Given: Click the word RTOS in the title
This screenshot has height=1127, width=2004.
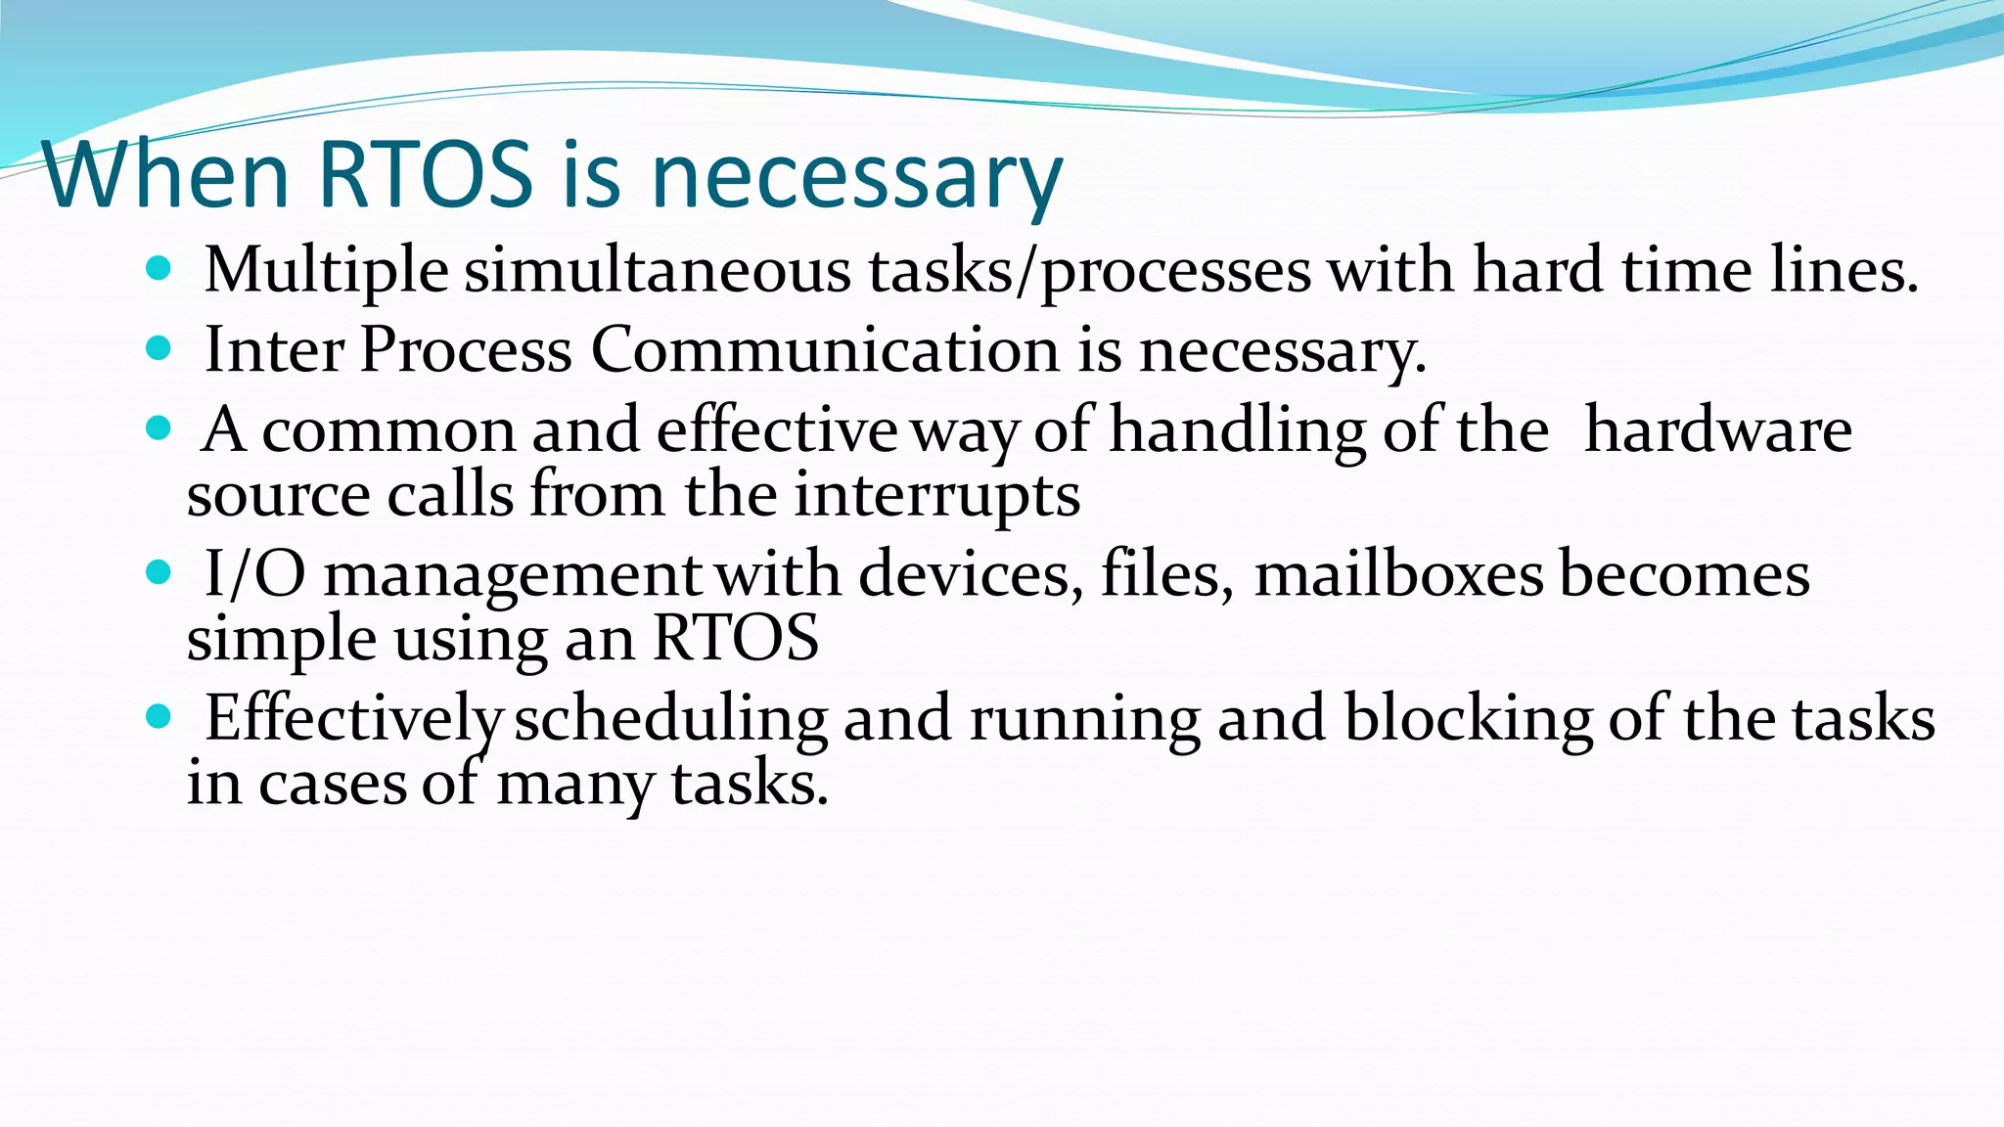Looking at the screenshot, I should coord(426,176).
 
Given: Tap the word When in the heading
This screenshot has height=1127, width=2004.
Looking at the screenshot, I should coord(166,176).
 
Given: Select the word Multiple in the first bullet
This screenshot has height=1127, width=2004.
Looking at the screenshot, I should coord(326,270).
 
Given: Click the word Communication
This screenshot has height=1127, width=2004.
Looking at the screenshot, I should coord(825,350).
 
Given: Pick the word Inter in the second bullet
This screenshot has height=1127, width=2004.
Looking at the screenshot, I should coord(274,350).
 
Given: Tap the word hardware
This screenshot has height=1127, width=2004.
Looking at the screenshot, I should coord(1718,430).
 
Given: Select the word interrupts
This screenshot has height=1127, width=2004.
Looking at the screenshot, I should coord(936,495).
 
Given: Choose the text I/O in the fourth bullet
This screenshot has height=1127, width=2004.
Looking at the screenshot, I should coord(254,574).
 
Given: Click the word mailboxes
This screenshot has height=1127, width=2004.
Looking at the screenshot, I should coord(1398,574).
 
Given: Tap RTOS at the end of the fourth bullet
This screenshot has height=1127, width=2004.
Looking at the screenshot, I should coord(736,639).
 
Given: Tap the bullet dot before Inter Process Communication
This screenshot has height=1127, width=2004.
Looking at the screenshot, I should coord(158,347).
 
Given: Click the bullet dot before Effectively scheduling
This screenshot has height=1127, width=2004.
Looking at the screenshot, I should coord(158,717).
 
